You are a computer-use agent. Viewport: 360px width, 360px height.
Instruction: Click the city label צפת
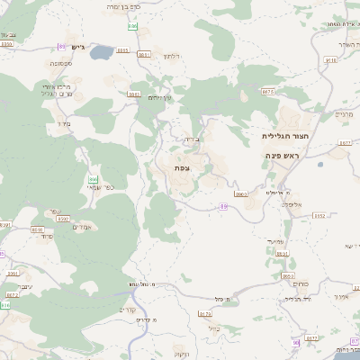[182, 168]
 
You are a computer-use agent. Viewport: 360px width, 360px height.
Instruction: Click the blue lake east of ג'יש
[102, 52]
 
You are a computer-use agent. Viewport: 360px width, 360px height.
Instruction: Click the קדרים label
[127, 310]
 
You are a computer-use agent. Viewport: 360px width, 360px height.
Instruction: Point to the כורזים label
[301, 283]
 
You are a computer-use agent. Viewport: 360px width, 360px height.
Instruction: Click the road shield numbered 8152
[319, 216]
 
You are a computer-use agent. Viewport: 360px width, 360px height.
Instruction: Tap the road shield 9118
[330, 60]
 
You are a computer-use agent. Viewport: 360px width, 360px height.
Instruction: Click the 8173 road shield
[204, 314]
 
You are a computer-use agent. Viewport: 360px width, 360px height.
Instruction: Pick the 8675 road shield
[266, 91]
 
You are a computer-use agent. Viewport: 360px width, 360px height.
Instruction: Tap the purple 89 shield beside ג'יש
[61, 46]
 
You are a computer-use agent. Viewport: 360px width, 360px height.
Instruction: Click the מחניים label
[345, 114]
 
